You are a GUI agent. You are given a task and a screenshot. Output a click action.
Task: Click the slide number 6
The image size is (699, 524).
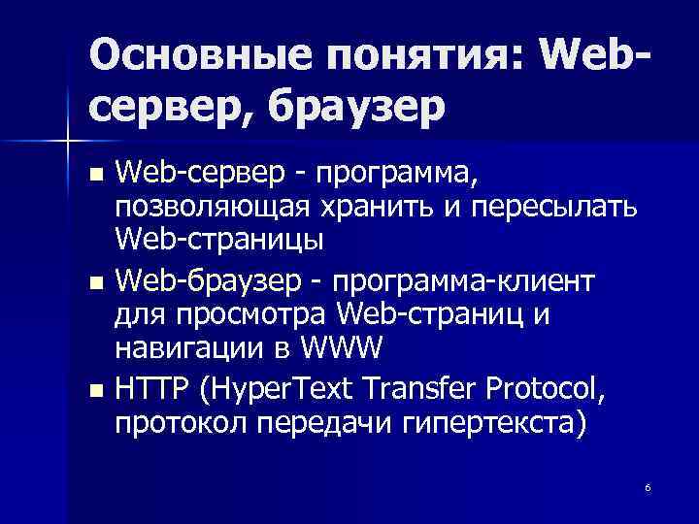(x=648, y=486)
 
